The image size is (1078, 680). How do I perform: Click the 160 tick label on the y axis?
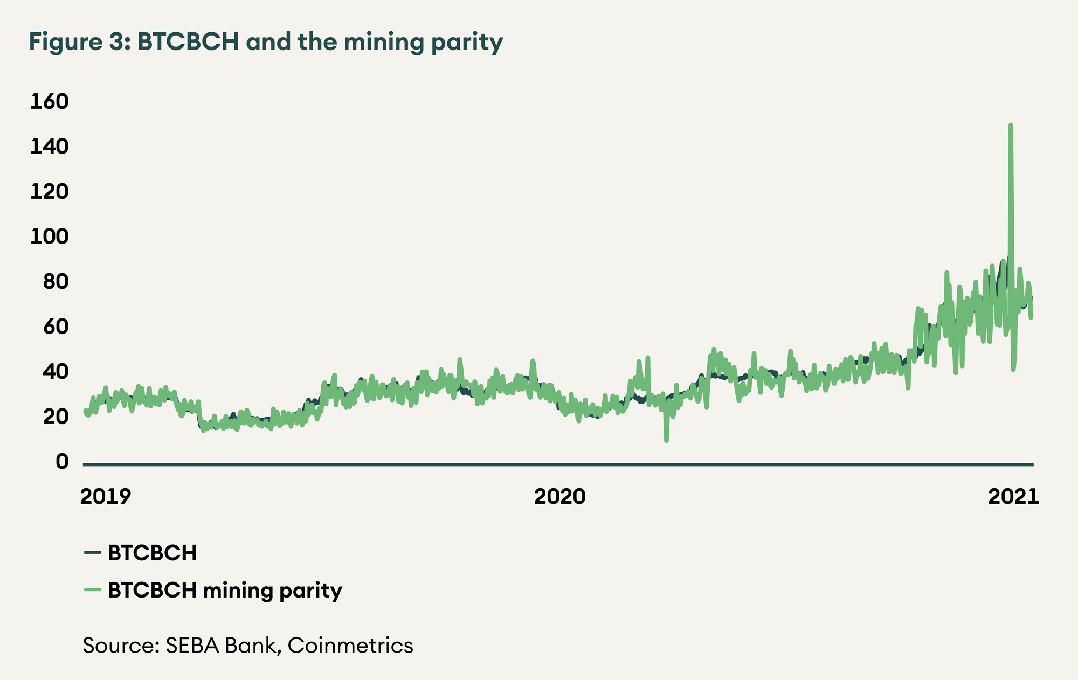pos(49,101)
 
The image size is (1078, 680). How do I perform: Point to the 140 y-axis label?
pos(49,147)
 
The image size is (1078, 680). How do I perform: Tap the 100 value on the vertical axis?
pos(49,237)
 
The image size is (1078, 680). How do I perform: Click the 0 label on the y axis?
pos(63,462)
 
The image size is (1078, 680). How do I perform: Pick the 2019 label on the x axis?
pos(106,496)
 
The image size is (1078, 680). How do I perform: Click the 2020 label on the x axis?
pos(559,496)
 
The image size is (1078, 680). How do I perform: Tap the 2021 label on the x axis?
pos(1013,496)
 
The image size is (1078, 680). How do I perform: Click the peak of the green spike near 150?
pos(1011,125)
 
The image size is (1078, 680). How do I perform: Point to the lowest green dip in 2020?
pos(667,441)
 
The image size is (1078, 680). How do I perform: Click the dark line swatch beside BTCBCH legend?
pos(93,552)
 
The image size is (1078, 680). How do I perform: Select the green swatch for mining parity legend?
pos(93,590)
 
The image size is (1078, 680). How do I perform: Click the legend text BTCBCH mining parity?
pos(225,591)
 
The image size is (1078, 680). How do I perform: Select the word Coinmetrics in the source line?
pos(350,645)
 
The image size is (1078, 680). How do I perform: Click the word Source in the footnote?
pos(120,645)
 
